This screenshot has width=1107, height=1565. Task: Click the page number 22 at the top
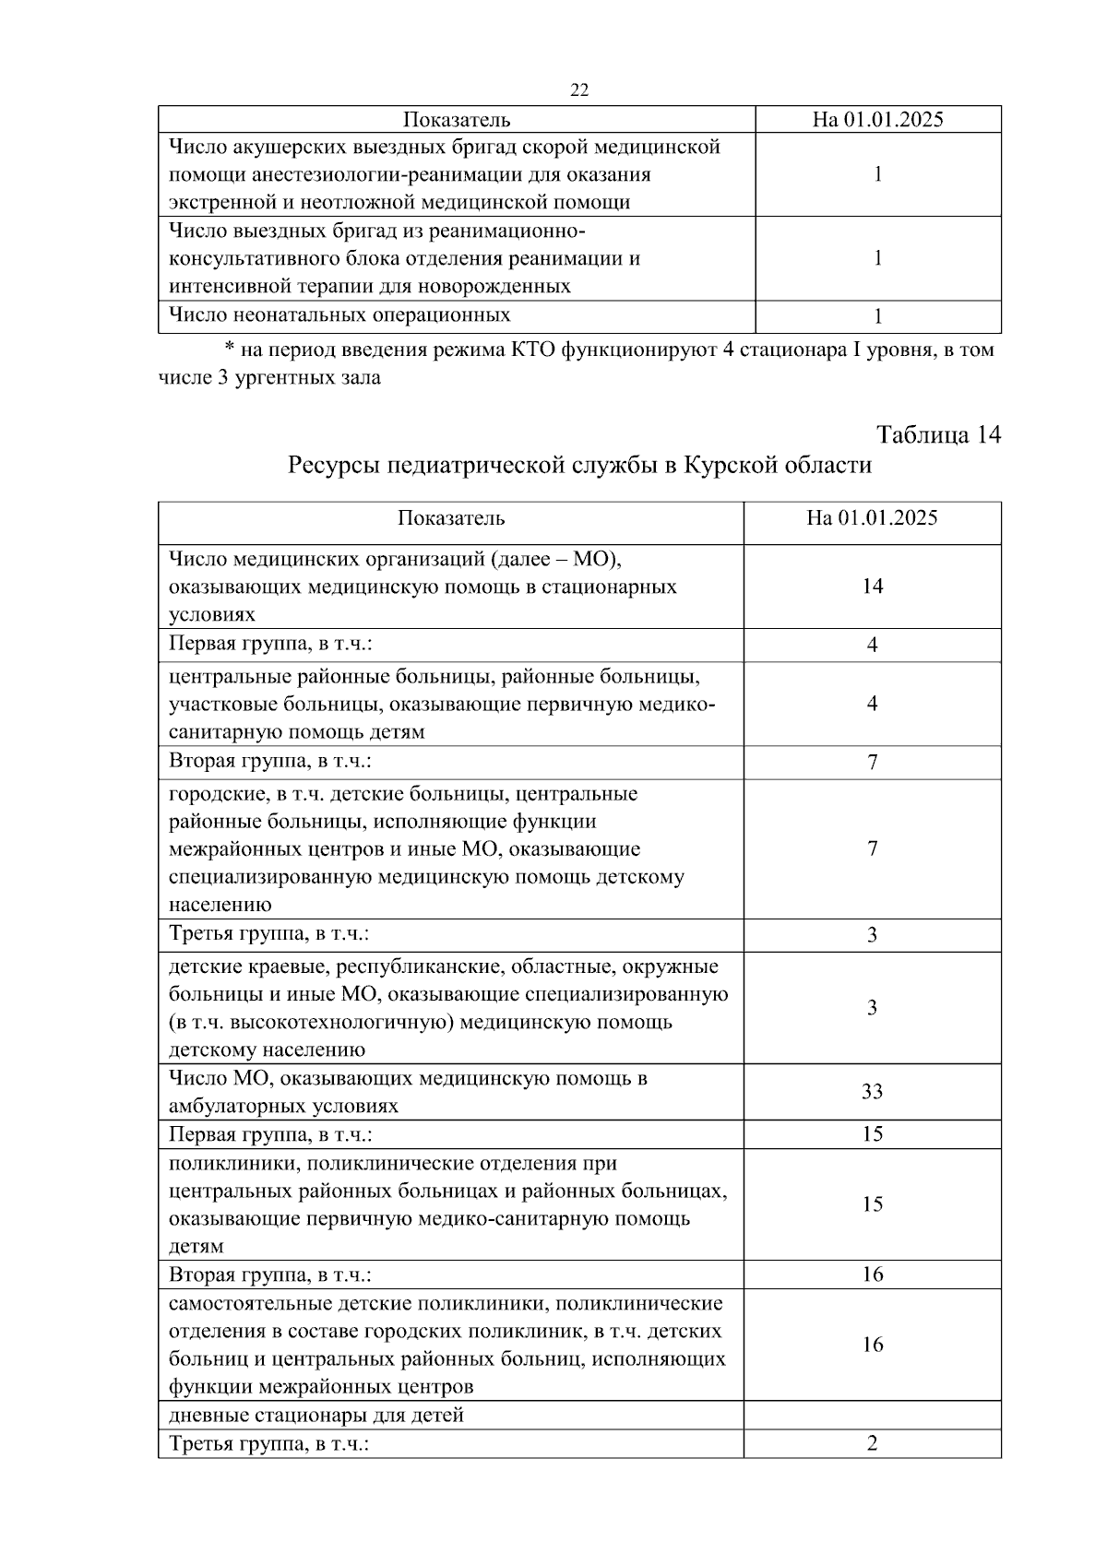tap(579, 89)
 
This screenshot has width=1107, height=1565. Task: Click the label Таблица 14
tap(938, 434)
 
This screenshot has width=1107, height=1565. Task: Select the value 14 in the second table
tap(872, 587)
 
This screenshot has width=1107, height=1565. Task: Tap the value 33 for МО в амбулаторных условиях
tap(872, 1092)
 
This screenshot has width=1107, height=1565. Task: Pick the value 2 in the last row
tap(872, 1444)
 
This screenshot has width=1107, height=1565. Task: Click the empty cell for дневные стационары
tap(872, 1415)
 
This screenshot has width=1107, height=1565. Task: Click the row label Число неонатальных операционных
tap(339, 315)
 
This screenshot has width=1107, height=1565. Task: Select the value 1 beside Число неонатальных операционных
tap(877, 317)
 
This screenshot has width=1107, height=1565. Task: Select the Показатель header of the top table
tap(457, 120)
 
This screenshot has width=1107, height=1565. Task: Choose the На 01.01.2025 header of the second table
tap(872, 518)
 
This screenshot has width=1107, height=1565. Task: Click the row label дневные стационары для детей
tap(316, 1415)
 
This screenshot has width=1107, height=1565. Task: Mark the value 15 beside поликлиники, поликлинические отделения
tap(872, 1204)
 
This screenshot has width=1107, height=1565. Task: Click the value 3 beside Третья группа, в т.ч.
tap(872, 935)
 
